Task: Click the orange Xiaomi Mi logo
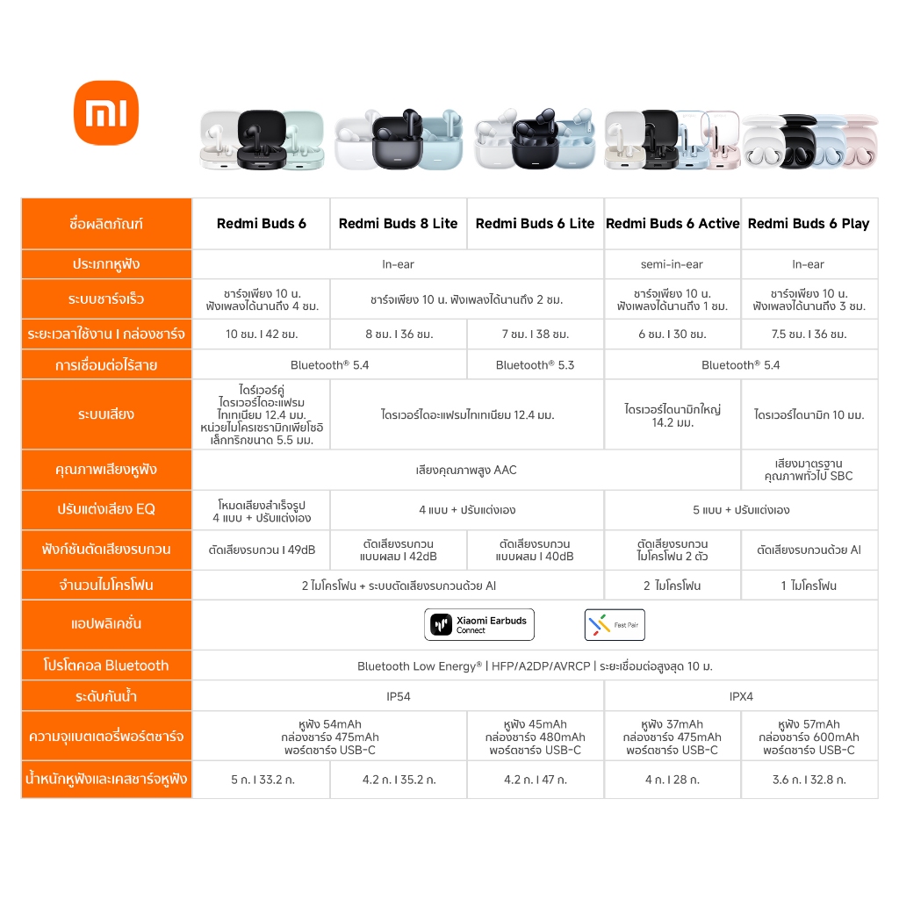(x=106, y=112)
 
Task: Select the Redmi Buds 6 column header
(x=261, y=224)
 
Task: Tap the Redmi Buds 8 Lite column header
(x=398, y=224)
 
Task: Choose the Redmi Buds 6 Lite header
(x=535, y=224)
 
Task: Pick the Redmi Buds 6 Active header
(x=672, y=224)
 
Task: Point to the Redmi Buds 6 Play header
(x=809, y=224)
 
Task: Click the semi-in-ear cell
(x=672, y=264)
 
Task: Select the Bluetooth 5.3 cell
(x=535, y=364)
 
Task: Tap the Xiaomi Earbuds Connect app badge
(x=479, y=624)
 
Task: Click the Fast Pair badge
(x=615, y=624)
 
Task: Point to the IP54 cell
(x=398, y=696)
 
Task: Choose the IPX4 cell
(x=741, y=696)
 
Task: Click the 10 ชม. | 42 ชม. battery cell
(x=261, y=334)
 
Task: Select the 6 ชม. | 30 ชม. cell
(x=672, y=334)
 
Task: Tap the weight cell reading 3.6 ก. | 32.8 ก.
(x=809, y=780)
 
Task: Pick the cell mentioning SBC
(x=809, y=470)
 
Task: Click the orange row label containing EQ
(x=106, y=509)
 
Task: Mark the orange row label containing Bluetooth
(x=106, y=665)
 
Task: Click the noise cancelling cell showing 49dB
(x=261, y=550)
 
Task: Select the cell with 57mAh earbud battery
(x=809, y=737)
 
